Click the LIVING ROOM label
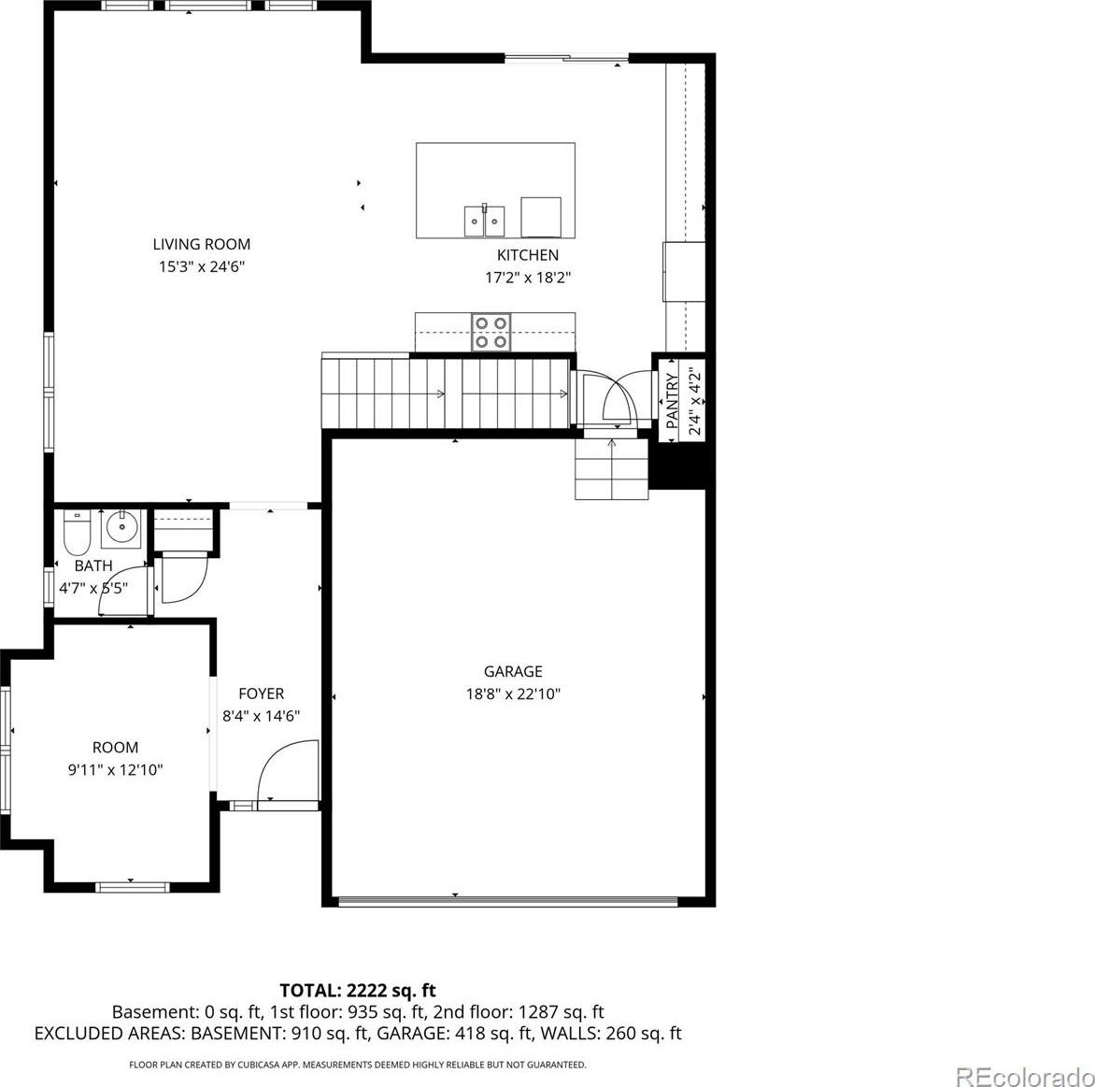click(201, 245)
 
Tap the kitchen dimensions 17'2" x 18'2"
click(528, 278)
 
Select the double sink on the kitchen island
click(485, 221)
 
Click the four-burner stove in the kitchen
click(491, 332)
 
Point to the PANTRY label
click(673, 401)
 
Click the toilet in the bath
click(77, 533)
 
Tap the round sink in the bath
click(121, 529)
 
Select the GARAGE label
click(513, 671)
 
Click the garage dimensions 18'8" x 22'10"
click(513, 694)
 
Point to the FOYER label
click(262, 694)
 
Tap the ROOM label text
click(115, 748)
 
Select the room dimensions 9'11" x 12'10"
click(115, 770)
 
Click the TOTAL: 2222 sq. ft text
click(358, 991)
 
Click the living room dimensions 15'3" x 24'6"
click(201, 267)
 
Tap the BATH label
click(93, 565)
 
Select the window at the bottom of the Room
click(132, 887)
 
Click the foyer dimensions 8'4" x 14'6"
click(262, 716)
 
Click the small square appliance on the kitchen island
click(541, 217)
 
